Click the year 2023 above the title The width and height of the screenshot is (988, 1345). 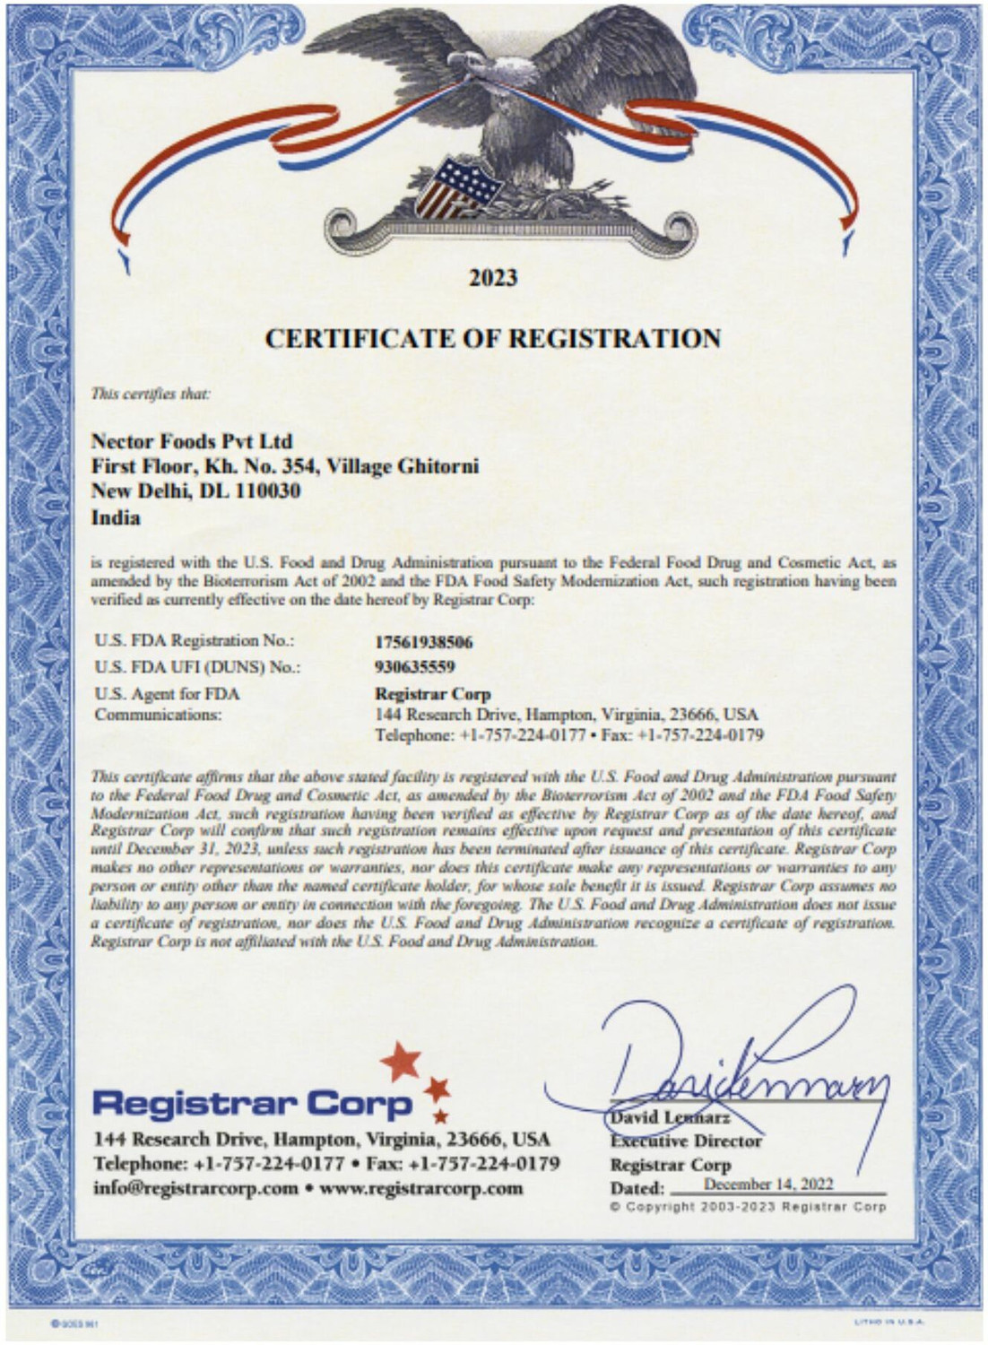pyautogui.click(x=493, y=278)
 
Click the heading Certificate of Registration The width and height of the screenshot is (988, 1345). pyautogui.click(x=493, y=339)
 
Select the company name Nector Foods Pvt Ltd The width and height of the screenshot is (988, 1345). pyautogui.click(x=192, y=441)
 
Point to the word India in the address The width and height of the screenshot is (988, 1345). pyautogui.click(x=116, y=517)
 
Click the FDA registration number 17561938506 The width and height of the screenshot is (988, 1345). pyautogui.click(x=423, y=642)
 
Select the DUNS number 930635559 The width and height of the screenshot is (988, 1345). pyautogui.click(x=414, y=666)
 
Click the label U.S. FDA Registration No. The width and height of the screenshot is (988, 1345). pyautogui.click(x=194, y=641)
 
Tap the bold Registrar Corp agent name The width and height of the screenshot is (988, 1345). pyautogui.click(x=432, y=693)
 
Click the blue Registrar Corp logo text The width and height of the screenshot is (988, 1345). pyautogui.click(x=252, y=1103)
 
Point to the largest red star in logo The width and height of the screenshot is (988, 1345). pyautogui.click(x=401, y=1062)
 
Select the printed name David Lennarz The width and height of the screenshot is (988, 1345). pyautogui.click(x=670, y=1117)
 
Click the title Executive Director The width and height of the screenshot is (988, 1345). pyautogui.click(x=686, y=1141)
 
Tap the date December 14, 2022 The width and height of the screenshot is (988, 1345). pyautogui.click(x=768, y=1184)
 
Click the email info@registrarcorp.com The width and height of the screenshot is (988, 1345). pyautogui.click(x=195, y=1188)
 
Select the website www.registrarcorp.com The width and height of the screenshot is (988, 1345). pyautogui.click(x=420, y=1188)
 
